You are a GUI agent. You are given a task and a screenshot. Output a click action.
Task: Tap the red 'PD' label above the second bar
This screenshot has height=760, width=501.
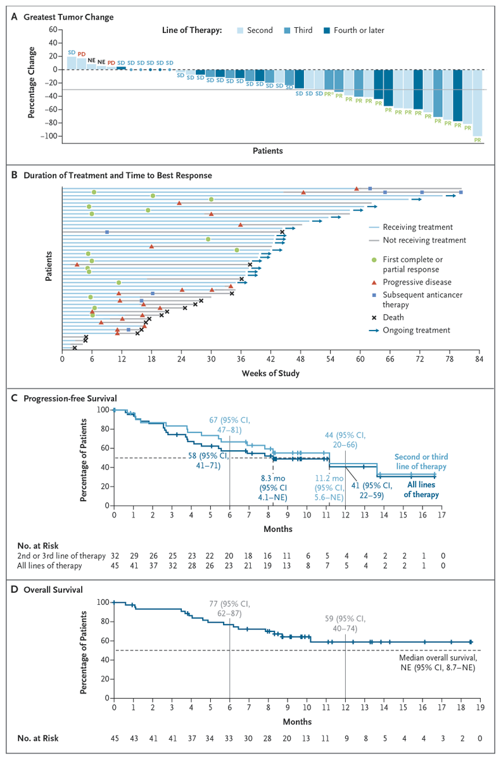[x=81, y=54]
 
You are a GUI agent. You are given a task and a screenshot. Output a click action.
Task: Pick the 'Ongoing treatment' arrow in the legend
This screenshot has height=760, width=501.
[x=377, y=330]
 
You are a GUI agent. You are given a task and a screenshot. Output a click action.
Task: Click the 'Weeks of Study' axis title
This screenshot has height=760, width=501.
[x=270, y=373]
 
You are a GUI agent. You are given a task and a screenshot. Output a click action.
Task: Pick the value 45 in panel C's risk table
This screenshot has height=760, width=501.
[x=114, y=566]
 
